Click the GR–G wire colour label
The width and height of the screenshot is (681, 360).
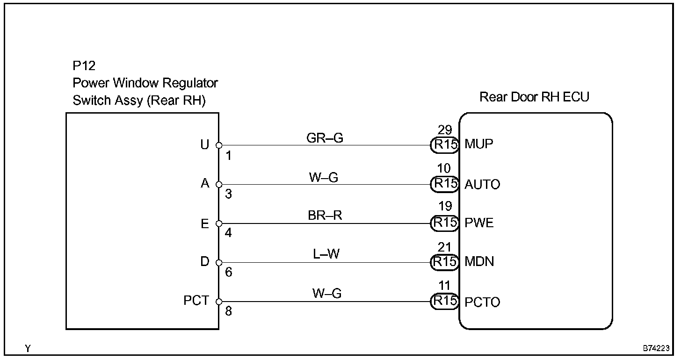pyautogui.click(x=325, y=138)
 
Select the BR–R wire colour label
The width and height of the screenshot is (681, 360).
pyautogui.click(x=325, y=216)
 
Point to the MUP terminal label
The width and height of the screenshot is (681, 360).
pyautogui.click(x=479, y=144)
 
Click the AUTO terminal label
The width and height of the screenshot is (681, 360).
pyautogui.click(x=482, y=184)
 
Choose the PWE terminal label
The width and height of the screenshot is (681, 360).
pyautogui.click(x=479, y=223)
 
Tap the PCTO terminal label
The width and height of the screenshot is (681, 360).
pyautogui.click(x=482, y=302)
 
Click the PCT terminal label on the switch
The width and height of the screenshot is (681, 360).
pyautogui.click(x=196, y=301)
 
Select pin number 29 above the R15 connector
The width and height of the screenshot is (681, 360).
pyautogui.click(x=444, y=130)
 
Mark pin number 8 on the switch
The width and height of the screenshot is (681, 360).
pyautogui.click(x=228, y=311)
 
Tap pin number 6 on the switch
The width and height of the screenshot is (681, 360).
pyautogui.click(x=228, y=272)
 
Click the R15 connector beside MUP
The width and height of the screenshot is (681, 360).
pyautogui.click(x=444, y=145)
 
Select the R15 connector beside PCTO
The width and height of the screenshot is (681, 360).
pyautogui.click(x=444, y=302)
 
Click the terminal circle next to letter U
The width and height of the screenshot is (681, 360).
pyautogui.click(x=218, y=145)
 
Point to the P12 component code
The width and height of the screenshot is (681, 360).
pyautogui.click(x=84, y=66)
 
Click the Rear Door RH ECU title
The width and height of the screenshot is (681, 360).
pyautogui.click(x=534, y=97)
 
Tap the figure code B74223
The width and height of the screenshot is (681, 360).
pyautogui.click(x=656, y=349)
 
